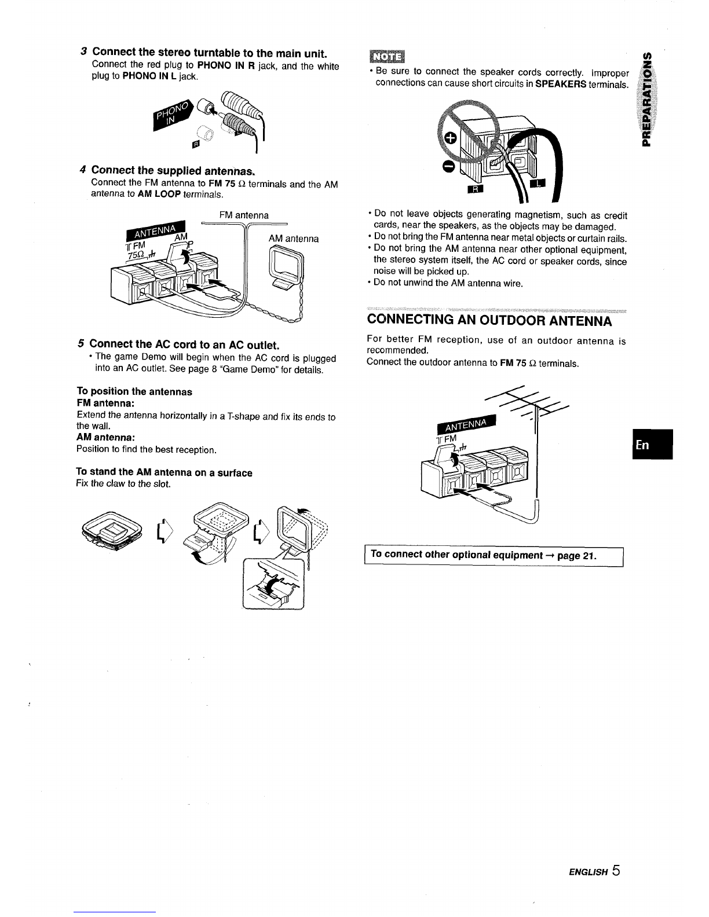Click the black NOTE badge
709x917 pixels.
point(387,56)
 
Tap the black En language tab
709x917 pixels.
point(652,445)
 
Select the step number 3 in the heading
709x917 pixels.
point(83,52)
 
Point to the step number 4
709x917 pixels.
point(83,170)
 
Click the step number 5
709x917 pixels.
point(81,343)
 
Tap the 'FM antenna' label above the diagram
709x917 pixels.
point(244,215)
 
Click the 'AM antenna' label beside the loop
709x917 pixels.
point(294,239)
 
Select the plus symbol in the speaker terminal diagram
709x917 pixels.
point(451,138)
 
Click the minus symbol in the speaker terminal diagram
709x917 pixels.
point(448,167)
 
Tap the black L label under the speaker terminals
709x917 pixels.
point(538,183)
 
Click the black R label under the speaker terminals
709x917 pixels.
point(476,189)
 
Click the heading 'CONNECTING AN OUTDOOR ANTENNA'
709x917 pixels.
point(489,321)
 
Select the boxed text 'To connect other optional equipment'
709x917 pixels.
point(456,555)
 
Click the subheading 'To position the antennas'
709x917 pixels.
point(134,391)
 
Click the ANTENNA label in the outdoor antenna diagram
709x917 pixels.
point(466,424)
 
